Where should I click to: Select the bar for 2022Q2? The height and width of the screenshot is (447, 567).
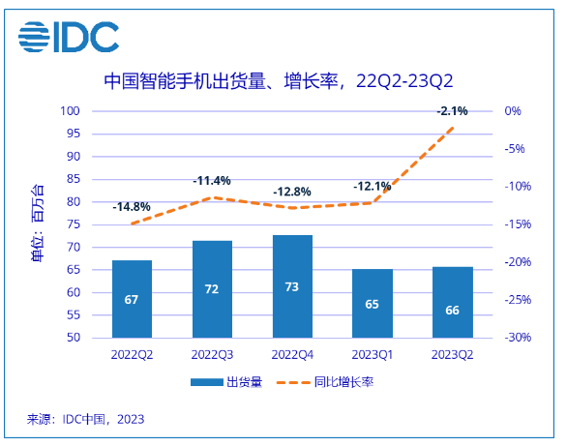[132, 299]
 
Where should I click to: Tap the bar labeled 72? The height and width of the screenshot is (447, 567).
[212, 289]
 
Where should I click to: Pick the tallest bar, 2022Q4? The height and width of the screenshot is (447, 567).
[292, 286]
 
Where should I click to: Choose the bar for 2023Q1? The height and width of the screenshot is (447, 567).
[373, 304]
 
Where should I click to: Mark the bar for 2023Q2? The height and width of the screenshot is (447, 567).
[452, 302]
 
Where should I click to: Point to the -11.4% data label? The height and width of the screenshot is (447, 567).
[212, 181]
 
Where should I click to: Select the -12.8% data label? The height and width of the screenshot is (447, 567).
[292, 192]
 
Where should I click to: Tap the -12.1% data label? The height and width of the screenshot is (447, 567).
[373, 186]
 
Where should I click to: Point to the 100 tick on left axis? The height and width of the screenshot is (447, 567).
[72, 111]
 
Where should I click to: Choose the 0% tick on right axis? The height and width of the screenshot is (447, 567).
[513, 111]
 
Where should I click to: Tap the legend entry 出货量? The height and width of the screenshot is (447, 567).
[225, 382]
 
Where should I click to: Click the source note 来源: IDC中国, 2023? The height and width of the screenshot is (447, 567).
[85, 419]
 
